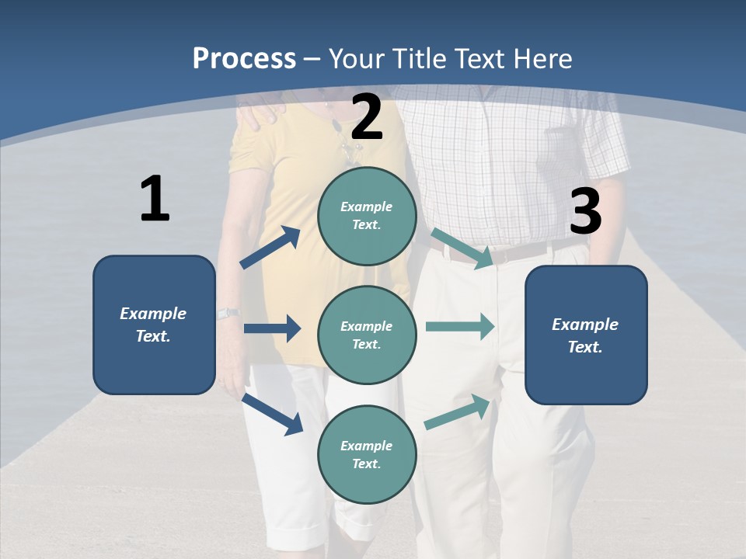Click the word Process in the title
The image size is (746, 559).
pyautogui.click(x=244, y=58)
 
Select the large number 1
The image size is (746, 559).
pyautogui.click(x=155, y=199)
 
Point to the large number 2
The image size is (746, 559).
pyautogui.click(x=367, y=117)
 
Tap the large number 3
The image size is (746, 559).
pyautogui.click(x=585, y=211)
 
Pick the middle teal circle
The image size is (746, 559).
pyautogui.click(x=367, y=335)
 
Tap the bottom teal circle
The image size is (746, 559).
pyautogui.click(x=367, y=454)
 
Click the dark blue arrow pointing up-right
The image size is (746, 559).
pyautogui.click(x=270, y=248)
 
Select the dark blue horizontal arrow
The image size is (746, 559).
pyautogui.click(x=272, y=328)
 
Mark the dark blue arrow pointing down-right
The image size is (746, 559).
pyautogui.click(x=272, y=413)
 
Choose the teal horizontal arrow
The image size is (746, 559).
pyautogui.click(x=460, y=326)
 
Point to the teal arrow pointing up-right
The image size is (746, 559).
pyautogui.click(x=458, y=412)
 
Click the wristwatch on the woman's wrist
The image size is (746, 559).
pyautogui.click(x=228, y=314)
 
